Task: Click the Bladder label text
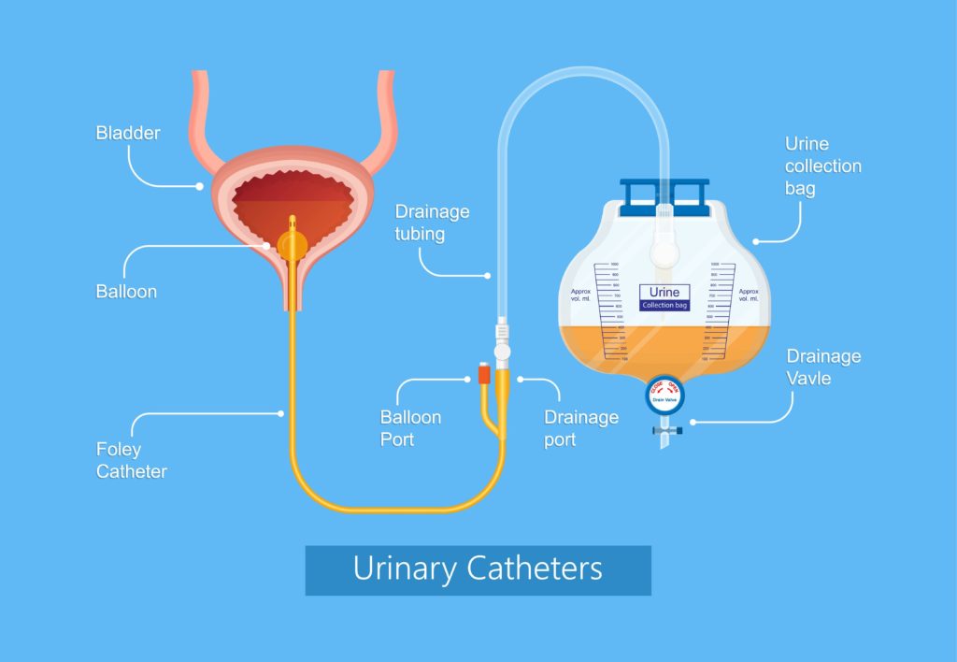pyautogui.click(x=128, y=133)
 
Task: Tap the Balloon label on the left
pyautogui.click(x=126, y=292)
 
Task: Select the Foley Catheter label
pyautogui.click(x=132, y=460)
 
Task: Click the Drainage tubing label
pyautogui.click(x=432, y=223)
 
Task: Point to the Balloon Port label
pyautogui.click(x=410, y=427)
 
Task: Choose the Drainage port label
pyautogui.click(x=580, y=427)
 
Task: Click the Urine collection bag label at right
pyautogui.click(x=822, y=166)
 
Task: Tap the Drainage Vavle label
pyautogui.click(x=823, y=367)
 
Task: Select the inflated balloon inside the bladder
pyautogui.click(x=292, y=245)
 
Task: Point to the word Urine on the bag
pyautogui.click(x=664, y=292)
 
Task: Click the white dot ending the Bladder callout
pyautogui.click(x=199, y=186)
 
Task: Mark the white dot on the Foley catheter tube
pyautogui.click(x=282, y=412)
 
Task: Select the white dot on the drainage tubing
pyautogui.click(x=488, y=275)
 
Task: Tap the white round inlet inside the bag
pyautogui.click(x=664, y=252)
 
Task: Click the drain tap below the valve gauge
pyautogui.click(x=664, y=431)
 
